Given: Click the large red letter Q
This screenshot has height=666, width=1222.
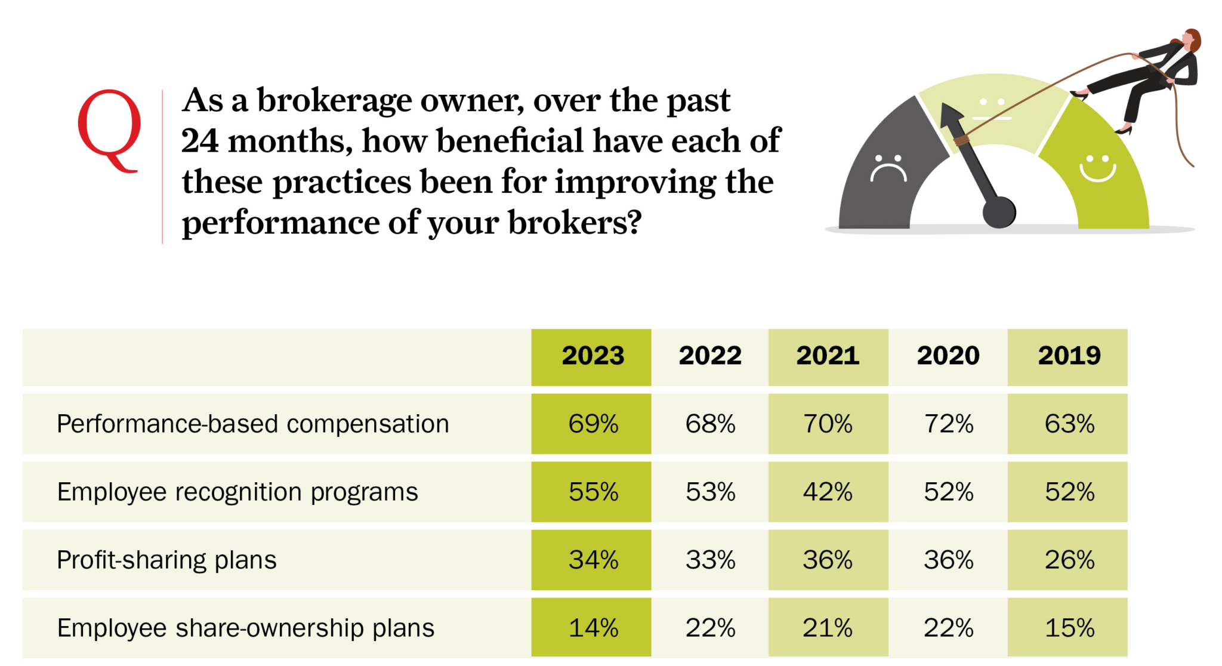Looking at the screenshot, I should coord(109,128).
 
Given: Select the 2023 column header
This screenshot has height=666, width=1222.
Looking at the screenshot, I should coord(592,356).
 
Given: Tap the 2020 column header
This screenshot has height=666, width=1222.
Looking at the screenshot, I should coord(948,356).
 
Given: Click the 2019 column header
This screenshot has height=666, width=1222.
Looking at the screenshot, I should coord(1069,356).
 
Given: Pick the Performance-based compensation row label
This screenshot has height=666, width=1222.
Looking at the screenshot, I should coord(252,424).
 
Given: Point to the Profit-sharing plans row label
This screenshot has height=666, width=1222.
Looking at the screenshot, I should coord(166,560).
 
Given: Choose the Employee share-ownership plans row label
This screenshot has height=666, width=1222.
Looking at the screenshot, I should coord(245,628).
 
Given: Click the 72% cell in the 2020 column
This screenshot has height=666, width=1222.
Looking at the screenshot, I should coord(948,424).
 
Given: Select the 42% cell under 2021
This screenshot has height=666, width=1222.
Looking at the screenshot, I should coord(827,492).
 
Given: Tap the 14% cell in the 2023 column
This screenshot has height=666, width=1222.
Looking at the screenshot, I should coord(593,628).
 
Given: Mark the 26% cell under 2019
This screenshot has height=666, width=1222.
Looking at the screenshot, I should coord(1069,560).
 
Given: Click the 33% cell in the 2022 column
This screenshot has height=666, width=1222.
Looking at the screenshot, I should coord(710,560).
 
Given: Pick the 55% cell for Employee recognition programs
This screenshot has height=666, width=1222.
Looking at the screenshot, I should coord(593,492).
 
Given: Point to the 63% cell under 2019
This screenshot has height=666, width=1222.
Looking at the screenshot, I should coord(1069,424).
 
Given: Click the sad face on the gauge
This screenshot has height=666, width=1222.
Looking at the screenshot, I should coord(888,169).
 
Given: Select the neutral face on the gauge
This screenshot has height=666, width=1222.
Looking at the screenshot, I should coord(991,109).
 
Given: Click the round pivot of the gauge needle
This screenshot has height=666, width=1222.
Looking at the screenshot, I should coord(999,212).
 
